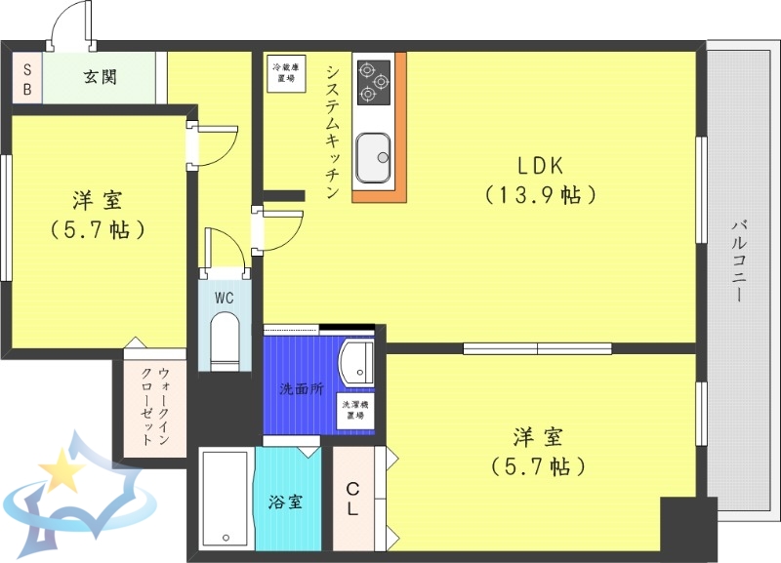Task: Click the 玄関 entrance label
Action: pyautogui.click(x=100, y=77)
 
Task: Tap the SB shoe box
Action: pyautogui.click(x=27, y=77)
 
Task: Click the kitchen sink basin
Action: pyautogui.click(x=373, y=156)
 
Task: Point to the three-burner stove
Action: pyautogui.click(x=372, y=80)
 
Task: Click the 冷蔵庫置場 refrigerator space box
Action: pyautogui.click(x=286, y=71)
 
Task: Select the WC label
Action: pyautogui.click(x=224, y=298)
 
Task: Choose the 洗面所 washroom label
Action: pyautogui.click(x=301, y=389)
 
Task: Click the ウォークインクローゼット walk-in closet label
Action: pyautogui.click(x=152, y=406)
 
